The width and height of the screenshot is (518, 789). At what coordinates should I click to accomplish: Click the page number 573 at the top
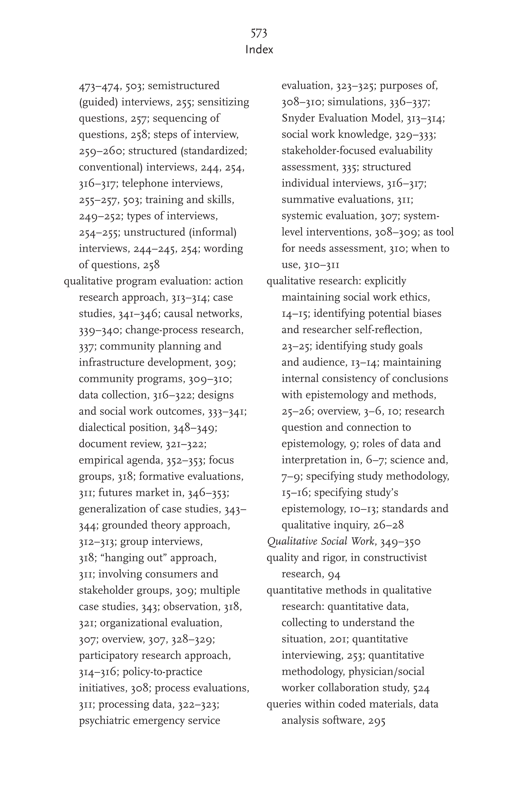[x=259, y=33]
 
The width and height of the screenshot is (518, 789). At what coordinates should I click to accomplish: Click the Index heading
[x=259, y=50]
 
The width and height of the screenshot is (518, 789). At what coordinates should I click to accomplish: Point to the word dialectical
[x=102, y=428]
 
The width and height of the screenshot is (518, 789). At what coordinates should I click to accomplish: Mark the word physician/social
[x=386, y=672]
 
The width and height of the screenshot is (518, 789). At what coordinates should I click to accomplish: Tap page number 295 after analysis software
[x=377, y=721]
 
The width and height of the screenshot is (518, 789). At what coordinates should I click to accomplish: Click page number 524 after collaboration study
[x=421, y=688]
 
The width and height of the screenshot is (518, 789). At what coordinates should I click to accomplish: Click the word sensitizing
[x=223, y=102]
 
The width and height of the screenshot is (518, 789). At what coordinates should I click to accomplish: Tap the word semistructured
[x=184, y=86]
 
